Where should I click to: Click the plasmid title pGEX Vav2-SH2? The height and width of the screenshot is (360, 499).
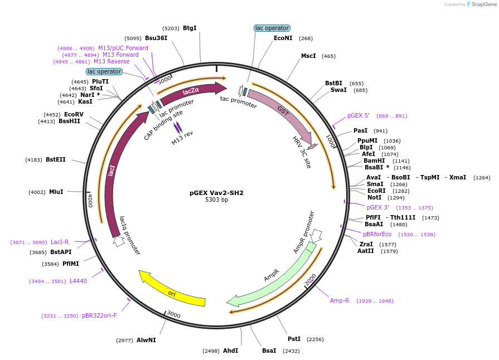216,193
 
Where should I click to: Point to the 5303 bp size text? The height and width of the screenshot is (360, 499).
216,200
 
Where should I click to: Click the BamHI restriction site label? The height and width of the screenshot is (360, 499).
374,160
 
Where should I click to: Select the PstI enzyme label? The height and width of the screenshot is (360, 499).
294,339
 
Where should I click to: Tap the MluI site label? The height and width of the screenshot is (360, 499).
56,192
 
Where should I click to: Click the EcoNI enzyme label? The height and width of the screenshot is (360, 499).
283,38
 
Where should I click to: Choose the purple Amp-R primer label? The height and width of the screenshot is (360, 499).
339,300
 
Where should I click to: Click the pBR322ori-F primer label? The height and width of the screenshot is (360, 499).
99,315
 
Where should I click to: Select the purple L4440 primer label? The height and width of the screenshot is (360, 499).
78,281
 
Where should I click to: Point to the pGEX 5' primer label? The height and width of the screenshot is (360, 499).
358,116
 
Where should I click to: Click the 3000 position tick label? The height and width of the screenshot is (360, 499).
173,315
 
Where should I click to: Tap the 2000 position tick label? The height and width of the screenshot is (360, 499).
310,279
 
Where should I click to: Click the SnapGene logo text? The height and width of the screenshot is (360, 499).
481,4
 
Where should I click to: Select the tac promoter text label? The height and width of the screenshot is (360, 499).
238,102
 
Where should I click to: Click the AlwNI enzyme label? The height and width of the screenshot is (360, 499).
146,340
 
